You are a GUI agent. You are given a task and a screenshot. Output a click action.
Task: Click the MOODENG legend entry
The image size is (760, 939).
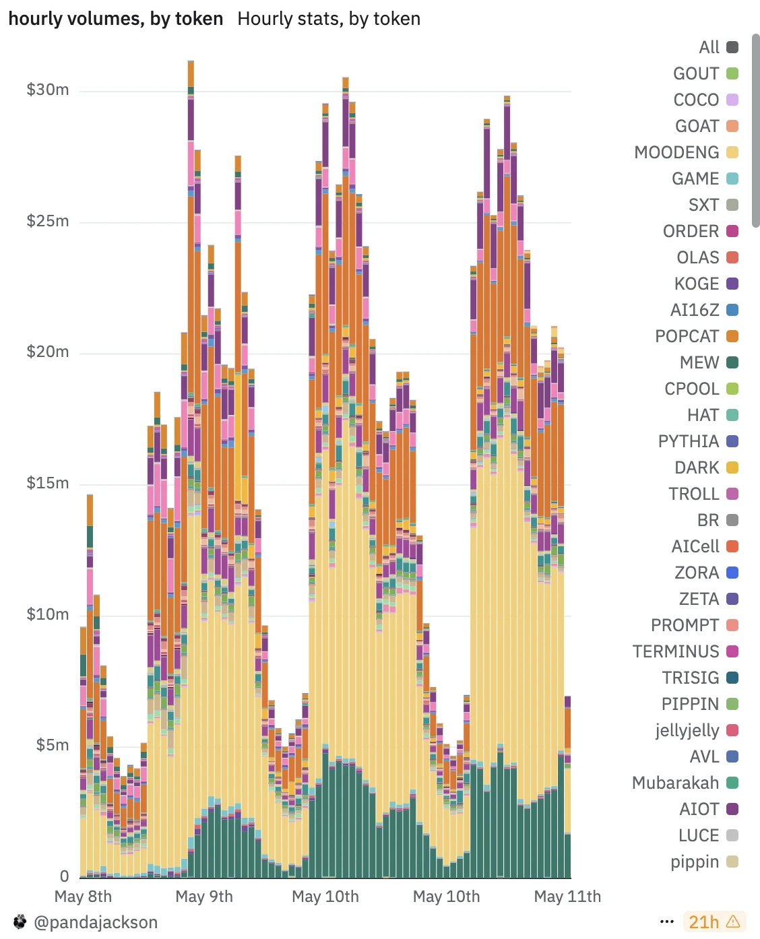point(686,152)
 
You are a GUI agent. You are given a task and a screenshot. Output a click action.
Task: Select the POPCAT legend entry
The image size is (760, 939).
point(696,336)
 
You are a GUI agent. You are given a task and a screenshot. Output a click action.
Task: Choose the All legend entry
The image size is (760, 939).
point(718,47)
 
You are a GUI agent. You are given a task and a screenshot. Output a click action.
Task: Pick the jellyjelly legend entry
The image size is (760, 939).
point(697,730)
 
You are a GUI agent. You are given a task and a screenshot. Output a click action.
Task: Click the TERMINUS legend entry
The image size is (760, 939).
point(685,651)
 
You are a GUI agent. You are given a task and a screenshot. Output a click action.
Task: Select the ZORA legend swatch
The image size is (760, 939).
point(732,573)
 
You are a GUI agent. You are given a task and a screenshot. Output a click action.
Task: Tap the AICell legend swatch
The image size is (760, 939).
point(732,546)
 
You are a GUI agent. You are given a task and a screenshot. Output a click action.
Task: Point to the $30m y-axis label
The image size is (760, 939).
point(47,90)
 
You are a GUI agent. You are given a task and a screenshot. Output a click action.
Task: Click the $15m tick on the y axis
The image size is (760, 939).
point(47,483)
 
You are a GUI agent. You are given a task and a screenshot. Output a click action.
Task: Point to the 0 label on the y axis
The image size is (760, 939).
point(64,876)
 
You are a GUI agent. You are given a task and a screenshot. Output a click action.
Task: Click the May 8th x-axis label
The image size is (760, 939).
point(83,897)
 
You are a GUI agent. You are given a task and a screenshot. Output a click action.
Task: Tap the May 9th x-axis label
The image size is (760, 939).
point(204,897)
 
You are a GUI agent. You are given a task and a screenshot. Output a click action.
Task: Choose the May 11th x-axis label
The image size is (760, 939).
point(567,897)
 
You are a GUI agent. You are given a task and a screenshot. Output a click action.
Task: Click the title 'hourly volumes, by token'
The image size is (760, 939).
point(116,19)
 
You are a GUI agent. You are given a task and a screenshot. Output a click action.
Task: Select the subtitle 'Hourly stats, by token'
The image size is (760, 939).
point(329,19)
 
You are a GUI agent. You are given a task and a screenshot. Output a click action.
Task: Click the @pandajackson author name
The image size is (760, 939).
point(96,922)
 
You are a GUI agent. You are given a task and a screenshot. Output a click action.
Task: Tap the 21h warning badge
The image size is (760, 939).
point(714,922)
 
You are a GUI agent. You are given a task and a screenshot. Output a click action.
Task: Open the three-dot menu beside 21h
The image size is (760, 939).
point(667,922)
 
